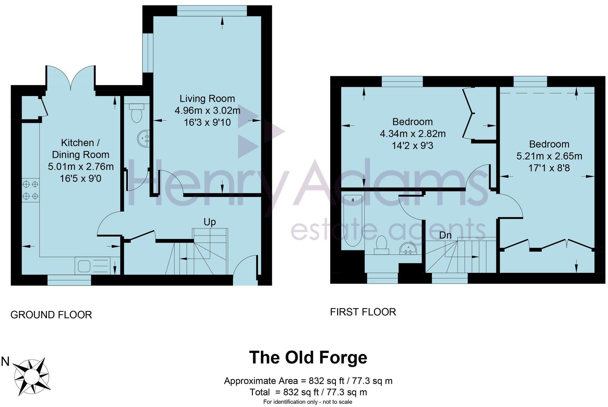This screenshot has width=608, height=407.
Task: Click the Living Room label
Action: (x=207, y=98)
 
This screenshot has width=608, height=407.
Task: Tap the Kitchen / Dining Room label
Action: (x=81, y=149)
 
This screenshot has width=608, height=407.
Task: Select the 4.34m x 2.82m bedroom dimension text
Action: (x=413, y=134)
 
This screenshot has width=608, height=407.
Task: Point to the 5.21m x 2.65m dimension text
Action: (x=549, y=156)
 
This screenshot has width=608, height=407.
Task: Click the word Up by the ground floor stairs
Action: (x=210, y=222)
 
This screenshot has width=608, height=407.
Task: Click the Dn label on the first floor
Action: (x=445, y=235)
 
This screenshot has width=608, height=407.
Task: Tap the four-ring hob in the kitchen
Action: (x=30, y=190)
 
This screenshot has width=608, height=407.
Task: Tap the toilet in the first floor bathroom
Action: (x=381, y=245)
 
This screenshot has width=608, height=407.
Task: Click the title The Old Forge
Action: (x=308, y=357)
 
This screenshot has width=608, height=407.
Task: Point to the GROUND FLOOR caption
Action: (x=51, y=315)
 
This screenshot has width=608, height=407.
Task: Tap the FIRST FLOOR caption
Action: (x=363, y=312)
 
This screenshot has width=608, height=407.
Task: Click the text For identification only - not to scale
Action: (x=308, y=402)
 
